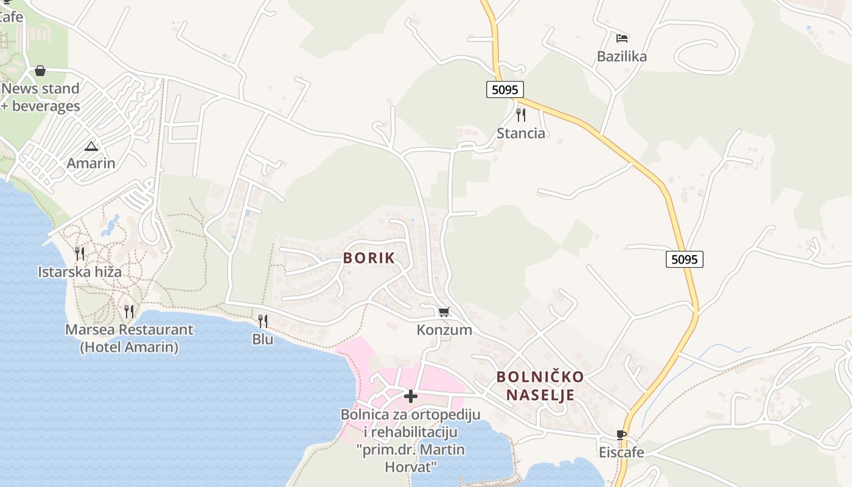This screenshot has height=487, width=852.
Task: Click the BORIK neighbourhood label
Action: click(369, 258)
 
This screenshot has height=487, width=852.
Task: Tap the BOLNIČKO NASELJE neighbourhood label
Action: click(540, 386)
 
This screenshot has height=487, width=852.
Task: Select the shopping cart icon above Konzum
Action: click(444, 312)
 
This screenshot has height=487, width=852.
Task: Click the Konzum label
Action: click(444, 330)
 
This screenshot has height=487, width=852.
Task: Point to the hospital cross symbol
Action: click(411, 396)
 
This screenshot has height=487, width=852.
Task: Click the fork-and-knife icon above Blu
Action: click(263, 321)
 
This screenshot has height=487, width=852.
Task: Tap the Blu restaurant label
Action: click(263, 339)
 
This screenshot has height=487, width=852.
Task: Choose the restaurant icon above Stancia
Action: click(521, 115)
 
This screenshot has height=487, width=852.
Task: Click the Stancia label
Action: click(521, 133)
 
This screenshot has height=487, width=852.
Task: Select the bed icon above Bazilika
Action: click(621, 38)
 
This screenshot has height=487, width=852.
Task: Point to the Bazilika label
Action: click(621, 57)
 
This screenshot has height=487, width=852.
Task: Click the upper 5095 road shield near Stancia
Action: click(505, 90)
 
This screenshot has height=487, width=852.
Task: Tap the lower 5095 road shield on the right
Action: click(684, 259)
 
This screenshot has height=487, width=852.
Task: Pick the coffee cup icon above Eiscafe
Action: click(621, 435)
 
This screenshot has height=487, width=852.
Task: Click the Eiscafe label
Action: click(621, 452)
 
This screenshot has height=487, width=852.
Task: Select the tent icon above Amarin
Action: click(91, 146)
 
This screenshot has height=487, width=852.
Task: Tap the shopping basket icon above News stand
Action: click(40, 71)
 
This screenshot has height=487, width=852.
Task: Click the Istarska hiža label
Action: click(80, 272)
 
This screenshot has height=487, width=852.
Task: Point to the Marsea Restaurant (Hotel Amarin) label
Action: click(129, 338)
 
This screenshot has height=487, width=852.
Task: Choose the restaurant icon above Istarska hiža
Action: click(80, 254)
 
